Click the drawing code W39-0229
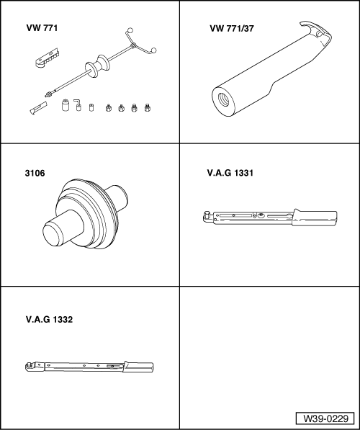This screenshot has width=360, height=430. pos(324,418)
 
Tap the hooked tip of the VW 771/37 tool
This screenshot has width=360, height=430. pos(317,32)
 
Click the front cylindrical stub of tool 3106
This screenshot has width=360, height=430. pos(57,234)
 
